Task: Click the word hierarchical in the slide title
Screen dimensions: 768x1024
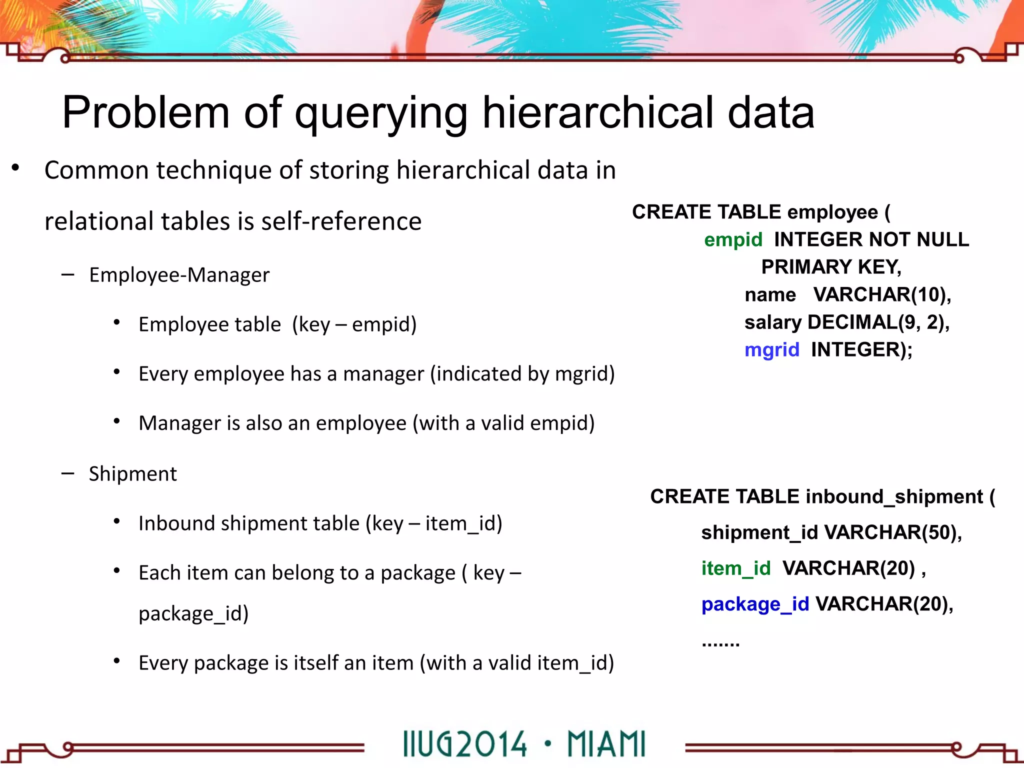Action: pyautogui.click(x=597, y=112)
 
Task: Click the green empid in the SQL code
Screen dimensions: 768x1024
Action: pyautogui.click(x=732, y=240)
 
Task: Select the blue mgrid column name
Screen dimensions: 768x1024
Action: pyautogui.click(x=771, y=350)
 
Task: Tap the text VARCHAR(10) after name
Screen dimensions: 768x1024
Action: pyautogui.click(x=881, y=295)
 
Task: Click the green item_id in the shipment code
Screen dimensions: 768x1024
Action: pyautogui.click(x=735, y=568)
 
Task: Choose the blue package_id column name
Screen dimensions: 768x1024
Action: pyautogui.click(x=754, y=604)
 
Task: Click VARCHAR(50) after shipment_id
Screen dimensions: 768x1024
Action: pyautogui.click(x=892, y=532)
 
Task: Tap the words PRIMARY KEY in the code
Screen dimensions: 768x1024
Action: pyautogui.click(x=830, y=267)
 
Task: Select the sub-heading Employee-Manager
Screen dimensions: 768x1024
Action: pyautogui.click(x=179, y=275)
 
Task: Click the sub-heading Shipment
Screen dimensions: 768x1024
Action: pyautogui.click(x=132, y=474)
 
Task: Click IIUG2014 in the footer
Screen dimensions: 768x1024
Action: pyautogui.click(x=464, y=744)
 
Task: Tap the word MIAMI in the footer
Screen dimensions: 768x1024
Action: pyautogui.click(x=606, y=744)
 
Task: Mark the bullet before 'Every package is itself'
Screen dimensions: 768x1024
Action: pyautogui.click(x=116, y=661)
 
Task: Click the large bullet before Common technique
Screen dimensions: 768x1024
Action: pyautogui.click(x=15, y=168)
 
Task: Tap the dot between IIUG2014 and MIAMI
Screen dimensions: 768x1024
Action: pyautogui.click(x=548, y=743)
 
